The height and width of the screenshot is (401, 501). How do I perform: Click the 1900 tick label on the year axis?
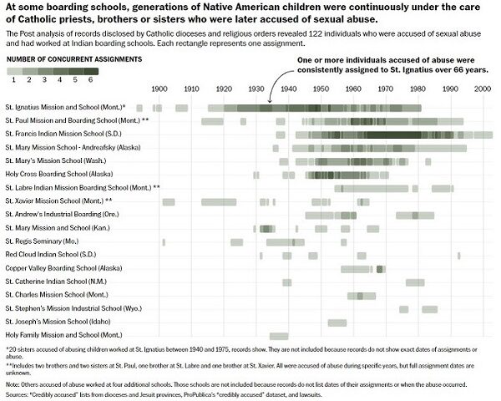[159, 89]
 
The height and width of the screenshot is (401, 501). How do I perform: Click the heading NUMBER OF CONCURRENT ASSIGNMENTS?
[73, 60]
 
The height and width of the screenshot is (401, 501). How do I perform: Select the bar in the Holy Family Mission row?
[279, 335]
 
